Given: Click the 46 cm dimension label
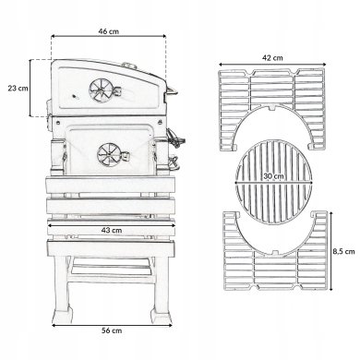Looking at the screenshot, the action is [x=109, y=31].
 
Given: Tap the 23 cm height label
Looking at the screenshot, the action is [x=18, y=89].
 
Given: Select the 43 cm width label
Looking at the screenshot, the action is [x=112, y=230].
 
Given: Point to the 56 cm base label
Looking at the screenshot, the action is [x=112, y=330].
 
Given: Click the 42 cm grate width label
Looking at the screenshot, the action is [x=272, y=58].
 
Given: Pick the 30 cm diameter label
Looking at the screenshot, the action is [x=273, y=176].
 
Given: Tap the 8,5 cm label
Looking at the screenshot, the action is [x=343, y=252].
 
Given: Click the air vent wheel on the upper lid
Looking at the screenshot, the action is [x=100, y=90].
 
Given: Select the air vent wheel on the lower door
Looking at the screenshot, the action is [x=107, y=154].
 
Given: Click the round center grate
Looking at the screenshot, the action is [x=273, y=182].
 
